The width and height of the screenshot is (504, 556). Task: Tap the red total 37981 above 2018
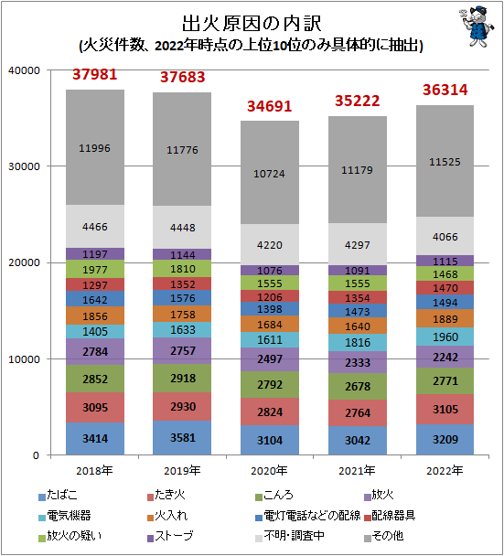(x=94, y=74)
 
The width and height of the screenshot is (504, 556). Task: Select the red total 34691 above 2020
(x=270, y=106)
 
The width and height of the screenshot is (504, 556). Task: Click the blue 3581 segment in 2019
(x=182, y=438)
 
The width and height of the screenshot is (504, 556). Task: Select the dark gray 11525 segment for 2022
(x=445, y=161)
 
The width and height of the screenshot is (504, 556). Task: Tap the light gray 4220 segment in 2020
(x=270, y=244)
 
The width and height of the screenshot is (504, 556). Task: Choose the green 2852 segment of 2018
(x=94, y=379)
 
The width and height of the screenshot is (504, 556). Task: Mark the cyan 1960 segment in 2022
(x=445, y=336)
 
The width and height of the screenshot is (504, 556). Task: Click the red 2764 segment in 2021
(x=358, y=412)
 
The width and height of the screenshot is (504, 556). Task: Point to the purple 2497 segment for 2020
(x=270, y=359)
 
